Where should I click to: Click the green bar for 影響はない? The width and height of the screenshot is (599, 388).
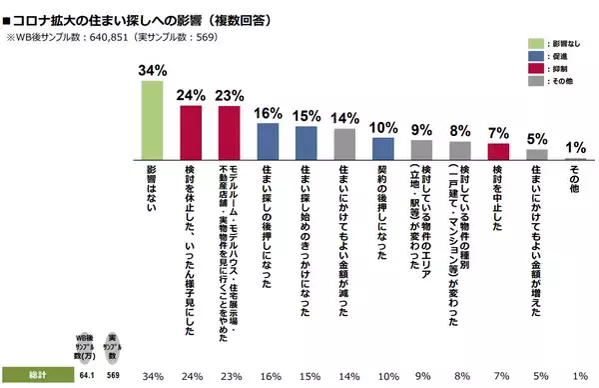click(x=151, y=119)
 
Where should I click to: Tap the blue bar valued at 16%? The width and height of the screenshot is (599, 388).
click(x=267, y=141)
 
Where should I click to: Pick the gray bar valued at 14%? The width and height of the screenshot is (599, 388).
click(x=343, y=143)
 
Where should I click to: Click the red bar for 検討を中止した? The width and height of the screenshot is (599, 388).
click(x=497, y=151)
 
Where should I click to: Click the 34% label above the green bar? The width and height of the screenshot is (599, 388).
click(x=151, y=71)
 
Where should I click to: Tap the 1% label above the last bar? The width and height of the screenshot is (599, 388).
click(x=573, y=148)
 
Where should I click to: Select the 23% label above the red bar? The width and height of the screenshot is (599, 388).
click(x=229, y=95)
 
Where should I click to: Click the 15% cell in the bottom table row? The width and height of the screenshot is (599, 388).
click(x=304, y=376)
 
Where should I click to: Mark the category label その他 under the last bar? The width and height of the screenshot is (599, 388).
click(x=573, y=182)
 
